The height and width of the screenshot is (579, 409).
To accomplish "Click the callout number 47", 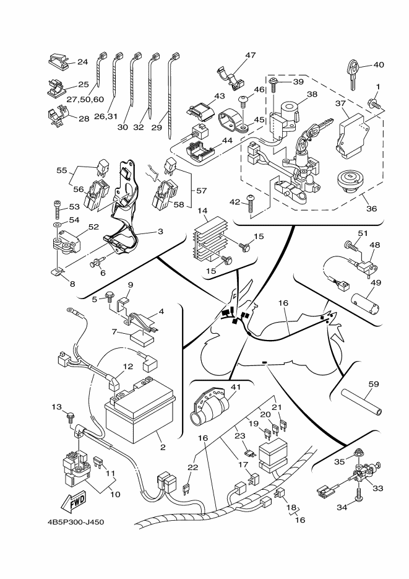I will (x=250, y=55).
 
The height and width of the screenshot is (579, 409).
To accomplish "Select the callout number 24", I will (x=83, y=62).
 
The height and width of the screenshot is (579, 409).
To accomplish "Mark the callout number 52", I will (x=93, y=227).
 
